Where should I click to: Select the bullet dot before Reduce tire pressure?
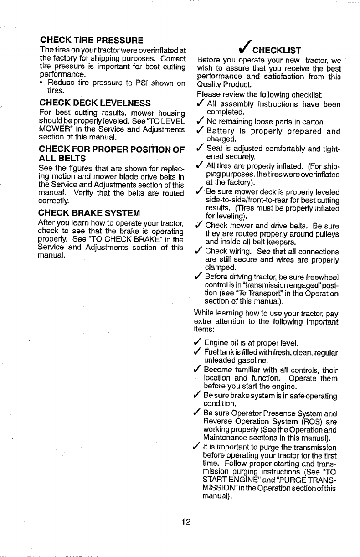[42, 83]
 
